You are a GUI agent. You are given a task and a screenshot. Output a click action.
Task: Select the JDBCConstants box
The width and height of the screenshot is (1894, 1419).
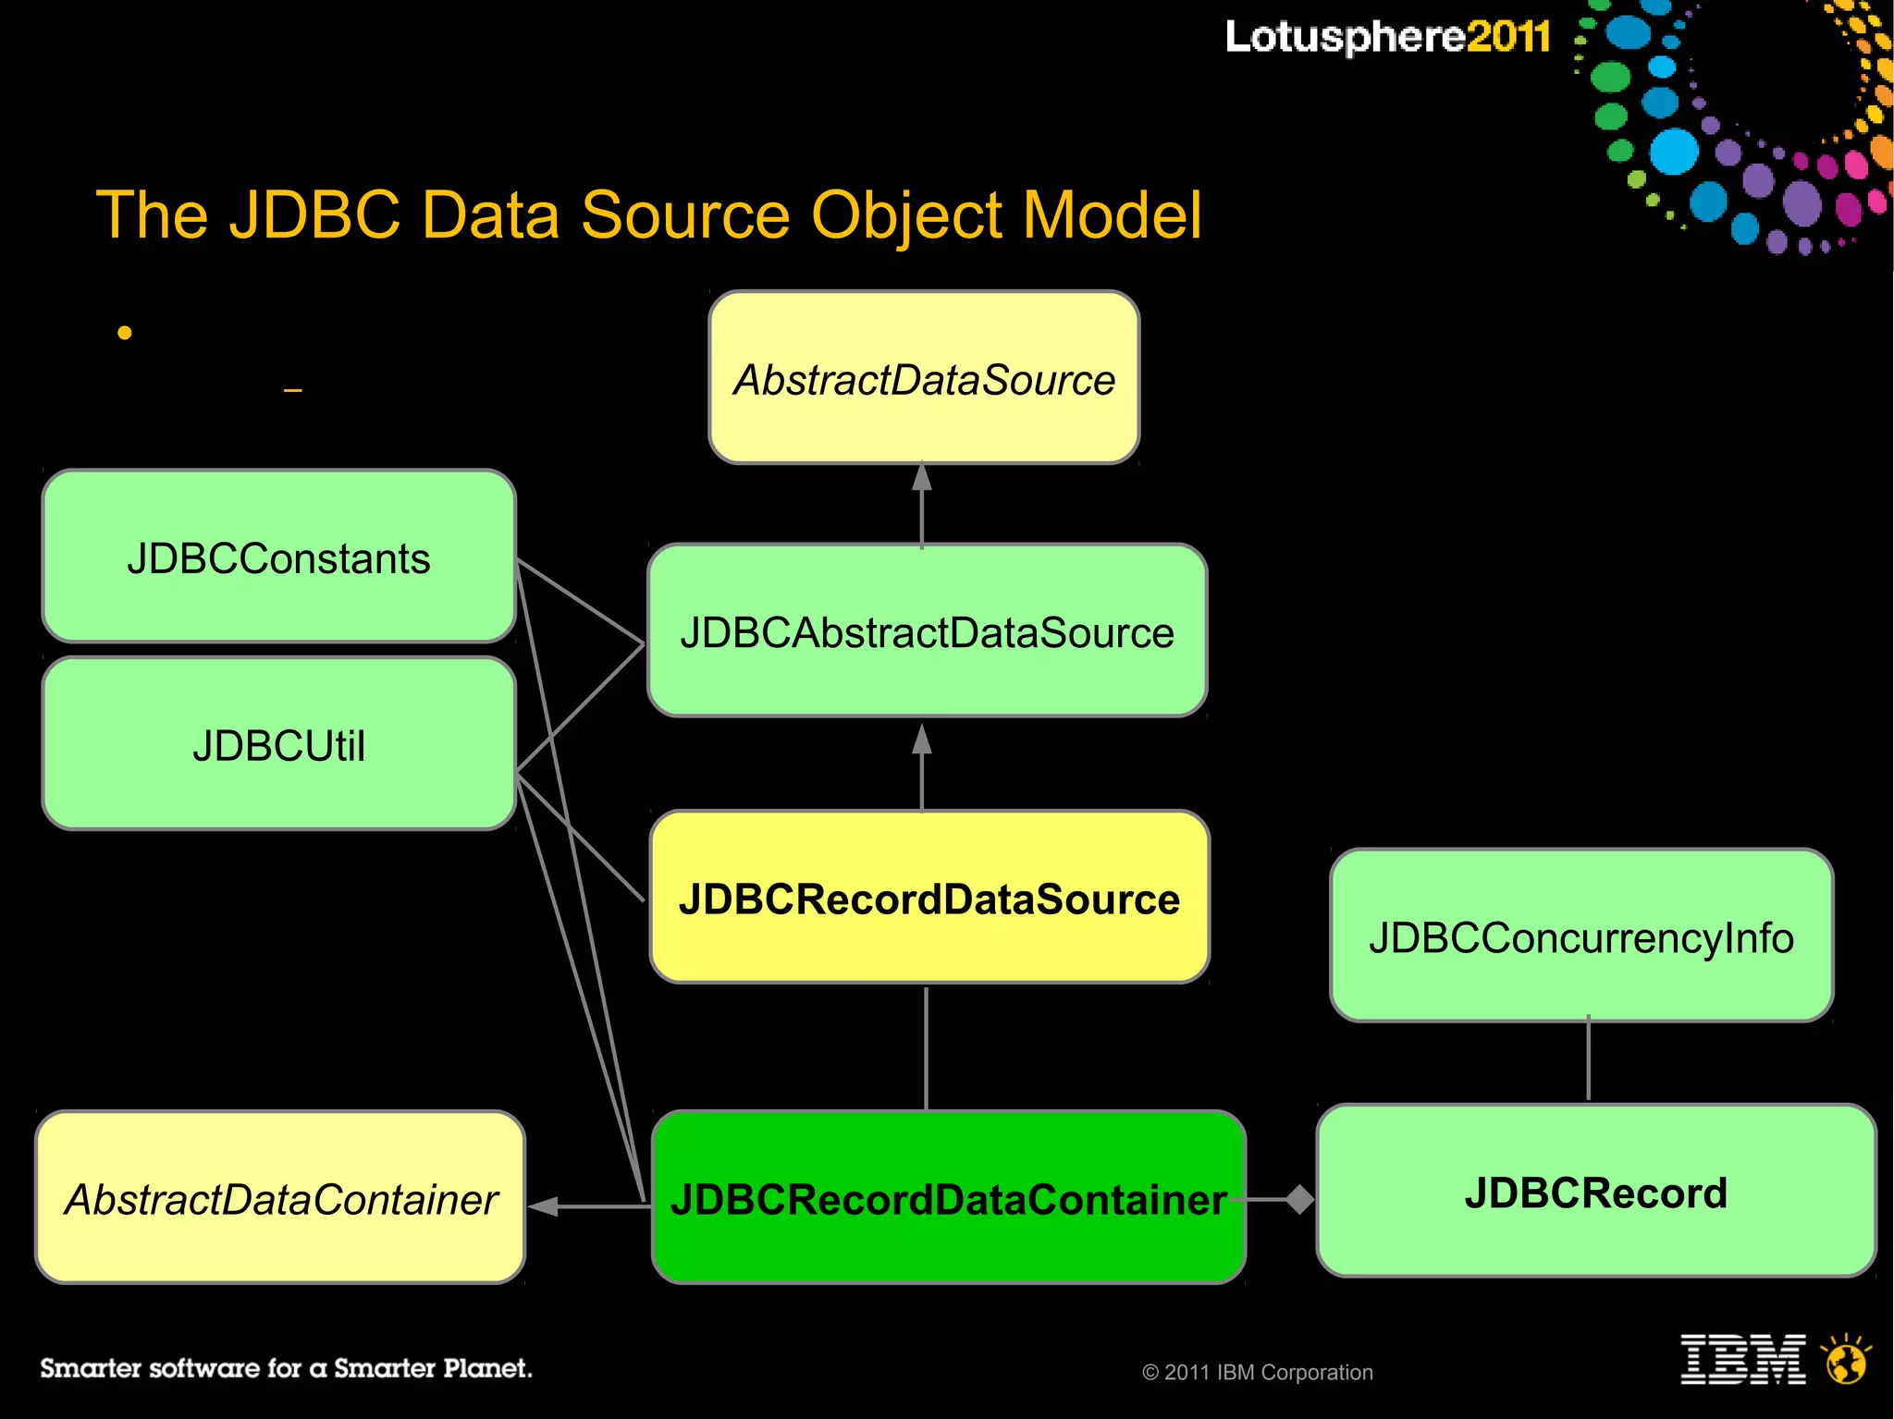click(278, 557)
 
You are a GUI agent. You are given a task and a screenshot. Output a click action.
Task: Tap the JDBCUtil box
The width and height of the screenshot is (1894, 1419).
click(278, 744)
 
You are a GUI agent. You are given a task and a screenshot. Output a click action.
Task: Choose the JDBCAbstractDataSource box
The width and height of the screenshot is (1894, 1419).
click(927, 630)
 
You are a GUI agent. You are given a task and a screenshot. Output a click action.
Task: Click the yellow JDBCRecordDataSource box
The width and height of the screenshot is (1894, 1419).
click(929, 898)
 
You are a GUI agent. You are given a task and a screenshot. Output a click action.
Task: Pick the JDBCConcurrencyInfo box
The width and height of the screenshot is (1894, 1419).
click(1581, 936)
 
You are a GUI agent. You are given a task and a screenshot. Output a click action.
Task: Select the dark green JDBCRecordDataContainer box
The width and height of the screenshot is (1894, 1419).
click(949, 1198)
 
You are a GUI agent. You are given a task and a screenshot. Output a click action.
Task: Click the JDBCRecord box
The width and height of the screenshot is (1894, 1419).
click(1596, 1192)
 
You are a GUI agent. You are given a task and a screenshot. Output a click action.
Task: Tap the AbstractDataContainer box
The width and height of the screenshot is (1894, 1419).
click(280, 1198)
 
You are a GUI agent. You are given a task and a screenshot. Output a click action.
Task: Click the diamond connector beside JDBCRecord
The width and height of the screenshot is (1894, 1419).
click(1299, 1199)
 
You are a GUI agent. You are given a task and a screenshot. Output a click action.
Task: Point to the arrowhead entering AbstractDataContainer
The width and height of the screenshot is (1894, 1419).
click(543, 1205)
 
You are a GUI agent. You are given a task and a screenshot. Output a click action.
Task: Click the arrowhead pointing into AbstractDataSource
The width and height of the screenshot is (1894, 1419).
click(922, 477)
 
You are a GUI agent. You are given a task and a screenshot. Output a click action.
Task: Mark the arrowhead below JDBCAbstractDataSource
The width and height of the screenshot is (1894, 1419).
click(922, 739)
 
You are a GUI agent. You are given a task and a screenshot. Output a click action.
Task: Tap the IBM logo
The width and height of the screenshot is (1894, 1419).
click(1742, 1359)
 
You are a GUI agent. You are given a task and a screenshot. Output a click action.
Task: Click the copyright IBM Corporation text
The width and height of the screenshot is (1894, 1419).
click(1258, 1373)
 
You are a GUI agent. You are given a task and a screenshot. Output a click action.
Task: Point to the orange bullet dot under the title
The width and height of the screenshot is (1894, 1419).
click(125, 333)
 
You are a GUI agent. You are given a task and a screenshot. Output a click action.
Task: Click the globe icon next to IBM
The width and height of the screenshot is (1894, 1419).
click(1846, 1360)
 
